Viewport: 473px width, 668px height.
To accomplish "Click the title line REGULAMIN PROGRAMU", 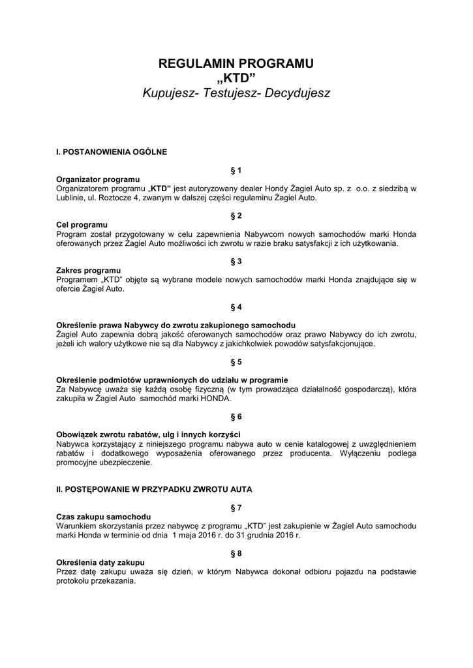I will tap(236, 63).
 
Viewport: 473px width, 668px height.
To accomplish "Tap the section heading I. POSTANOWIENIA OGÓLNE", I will tap(112, 152).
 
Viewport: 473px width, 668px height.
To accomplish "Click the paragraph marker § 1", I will tap(236, 170).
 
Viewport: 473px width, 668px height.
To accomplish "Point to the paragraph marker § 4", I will tap(236, 307).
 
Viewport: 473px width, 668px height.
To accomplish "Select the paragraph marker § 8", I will tap(236, 553).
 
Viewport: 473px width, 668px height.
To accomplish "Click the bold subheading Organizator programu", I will tap(98, 179).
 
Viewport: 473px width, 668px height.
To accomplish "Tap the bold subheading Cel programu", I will tap(82, 224).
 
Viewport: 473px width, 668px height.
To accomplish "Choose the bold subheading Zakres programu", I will tap(89, 270).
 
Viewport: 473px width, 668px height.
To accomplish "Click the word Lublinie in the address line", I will tap(71, 198).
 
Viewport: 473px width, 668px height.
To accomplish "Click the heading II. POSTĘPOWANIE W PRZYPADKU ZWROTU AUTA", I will tap(154, 489).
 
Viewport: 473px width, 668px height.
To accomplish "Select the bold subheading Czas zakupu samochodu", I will tap(104, 516).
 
